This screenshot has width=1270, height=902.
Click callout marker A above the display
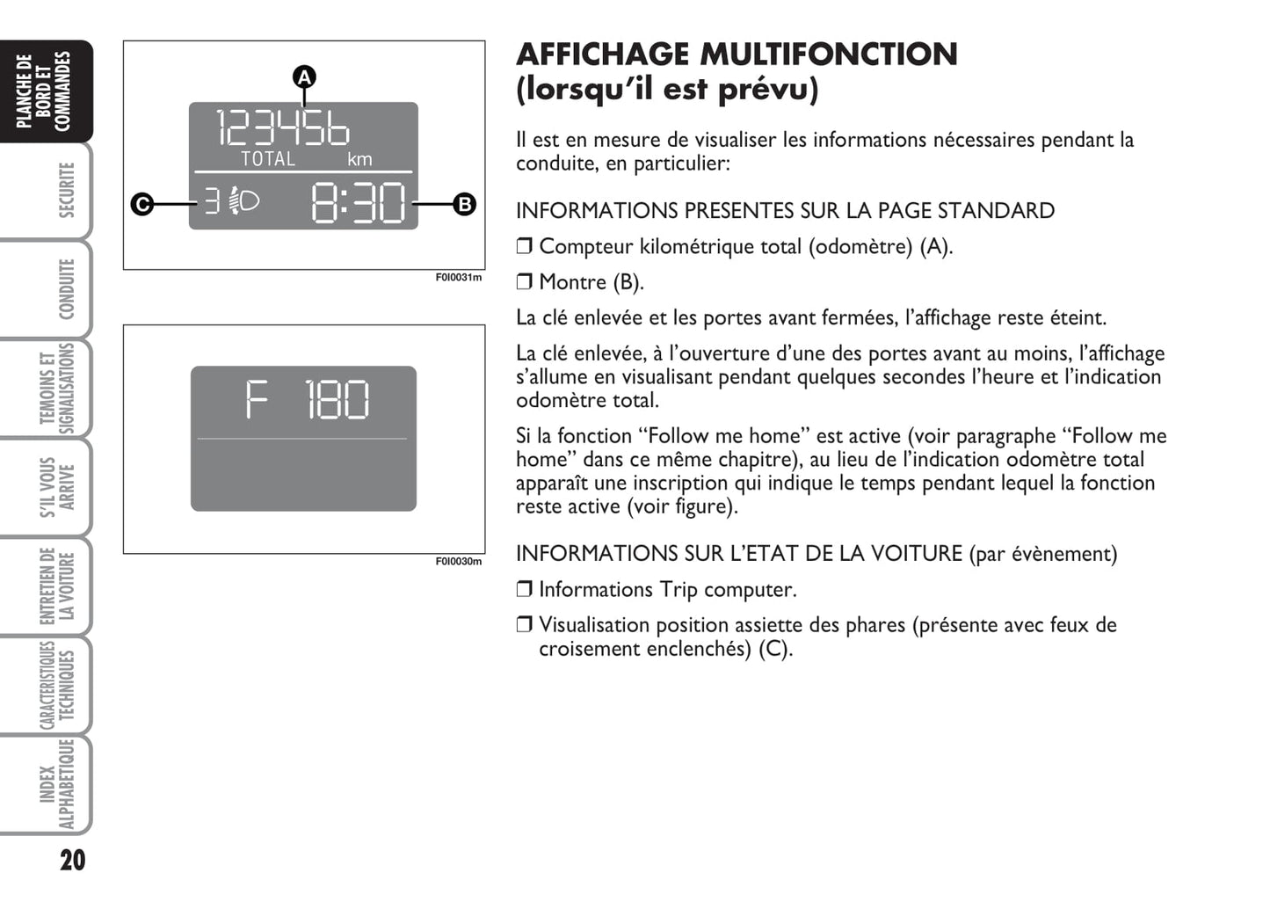tap(304, 77)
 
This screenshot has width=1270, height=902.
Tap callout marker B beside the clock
tap(464, 204)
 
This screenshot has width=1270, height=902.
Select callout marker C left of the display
tap(142, 204)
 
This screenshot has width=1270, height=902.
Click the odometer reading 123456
tap(283, 128)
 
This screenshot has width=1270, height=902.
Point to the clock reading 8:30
tap(359, 204)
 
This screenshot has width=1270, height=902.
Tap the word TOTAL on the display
tap(268, 159)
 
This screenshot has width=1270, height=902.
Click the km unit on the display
tap(359, 159)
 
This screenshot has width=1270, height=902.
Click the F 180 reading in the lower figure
tap(307, 400)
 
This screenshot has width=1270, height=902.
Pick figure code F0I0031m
tap(459, 278)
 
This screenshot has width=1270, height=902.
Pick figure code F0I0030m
tap(459, 562)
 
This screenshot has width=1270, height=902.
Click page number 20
tap(73, 860)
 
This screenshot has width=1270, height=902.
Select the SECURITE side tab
tap(67, 190)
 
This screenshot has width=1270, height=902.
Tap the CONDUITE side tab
tap(67, 289)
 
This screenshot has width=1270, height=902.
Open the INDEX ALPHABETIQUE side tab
tap(56, 784)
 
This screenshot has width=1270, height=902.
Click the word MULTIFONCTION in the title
tap(828, 55)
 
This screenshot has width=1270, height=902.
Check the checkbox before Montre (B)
tap(525, 282)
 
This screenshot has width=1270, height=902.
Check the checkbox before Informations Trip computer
tap(525, 590)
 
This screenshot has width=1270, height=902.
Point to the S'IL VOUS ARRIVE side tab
tap(56, 487)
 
